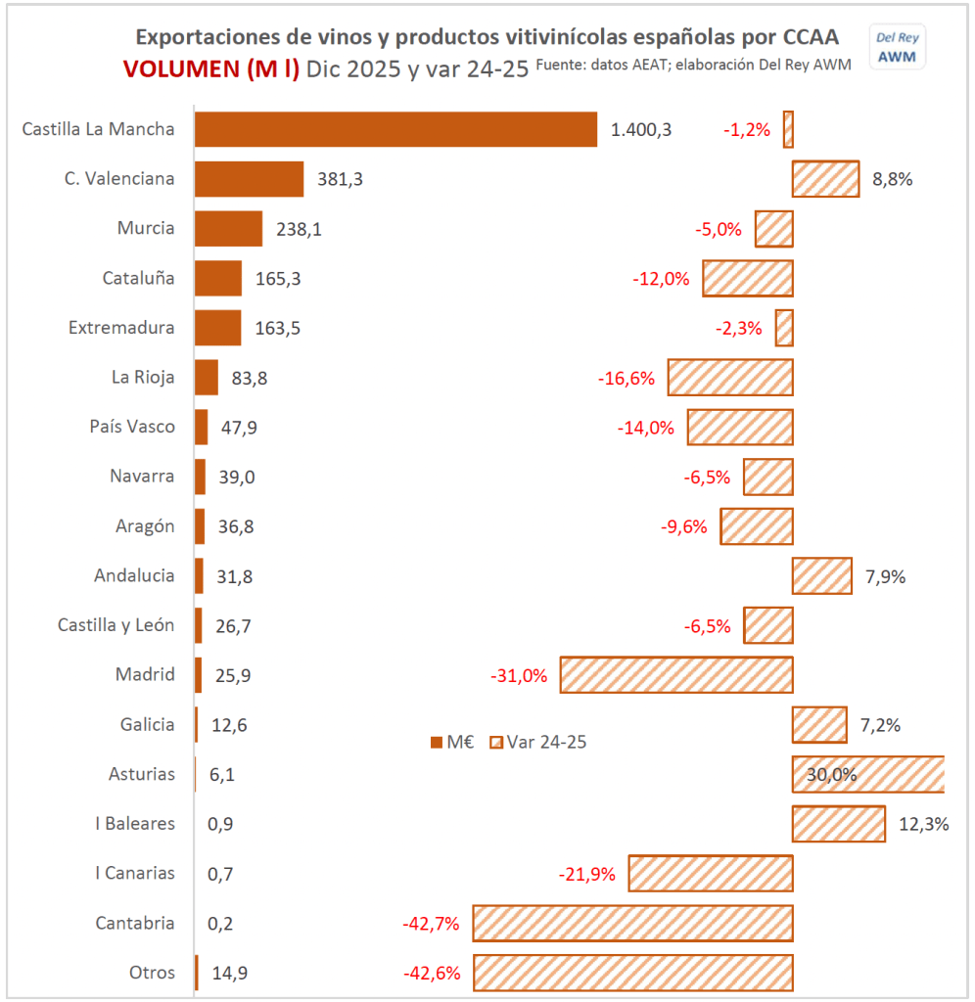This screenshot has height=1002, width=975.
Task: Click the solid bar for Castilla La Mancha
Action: (x=395, y=129)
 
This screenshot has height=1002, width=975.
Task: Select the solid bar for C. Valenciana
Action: (x=249, y=179)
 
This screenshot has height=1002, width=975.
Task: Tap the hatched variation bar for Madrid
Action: (x=676, y=675)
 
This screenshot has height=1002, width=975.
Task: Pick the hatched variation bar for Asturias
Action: (x=868, y=774)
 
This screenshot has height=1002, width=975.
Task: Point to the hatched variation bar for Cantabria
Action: (x=632, y=923)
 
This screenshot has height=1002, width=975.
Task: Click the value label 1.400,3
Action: (x=641, y=129)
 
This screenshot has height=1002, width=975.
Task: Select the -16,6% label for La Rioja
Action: (x=626, y=378)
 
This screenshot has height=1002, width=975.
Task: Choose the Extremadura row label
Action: (x=121, y=328)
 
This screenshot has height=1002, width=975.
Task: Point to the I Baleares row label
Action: (x=135, y=823)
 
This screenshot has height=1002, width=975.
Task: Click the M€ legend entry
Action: (x=451, y=742)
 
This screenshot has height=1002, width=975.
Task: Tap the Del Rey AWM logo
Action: (x=897, y=46)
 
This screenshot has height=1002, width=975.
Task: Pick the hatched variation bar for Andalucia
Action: (x=822, y=575)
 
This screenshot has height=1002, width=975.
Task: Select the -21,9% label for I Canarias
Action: (x=586, y=874)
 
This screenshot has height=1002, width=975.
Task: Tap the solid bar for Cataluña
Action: (x=218, y=278)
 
